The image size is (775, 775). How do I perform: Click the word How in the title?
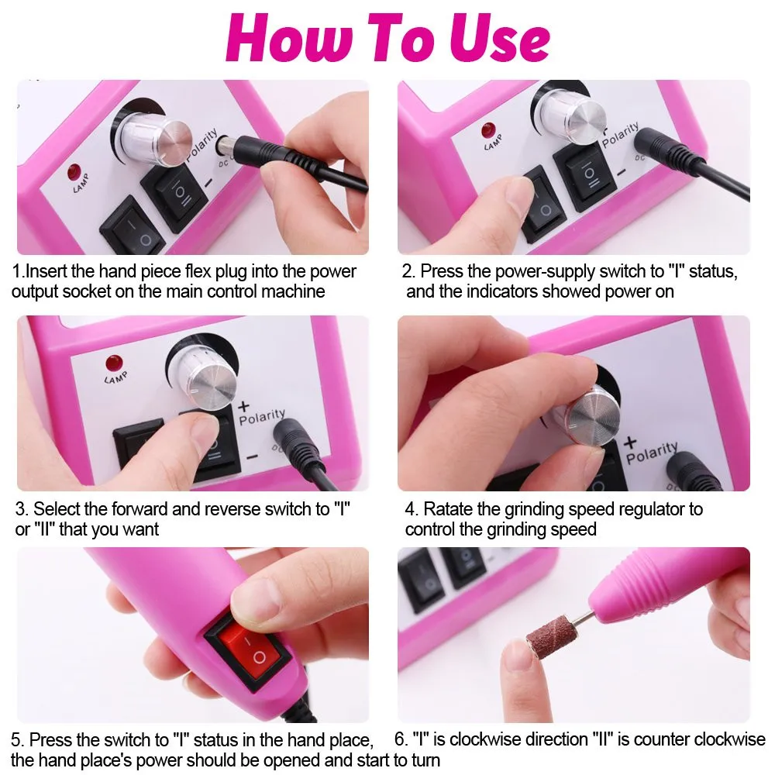point(289,38)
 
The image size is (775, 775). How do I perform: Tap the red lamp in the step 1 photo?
point(74,172)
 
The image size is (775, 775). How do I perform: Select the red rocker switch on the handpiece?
point(247,646)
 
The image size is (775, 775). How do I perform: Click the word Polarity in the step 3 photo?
point(262,417)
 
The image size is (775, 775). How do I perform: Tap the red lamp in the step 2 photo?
point(488,130)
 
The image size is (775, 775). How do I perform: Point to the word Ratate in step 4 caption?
point(447,509)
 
